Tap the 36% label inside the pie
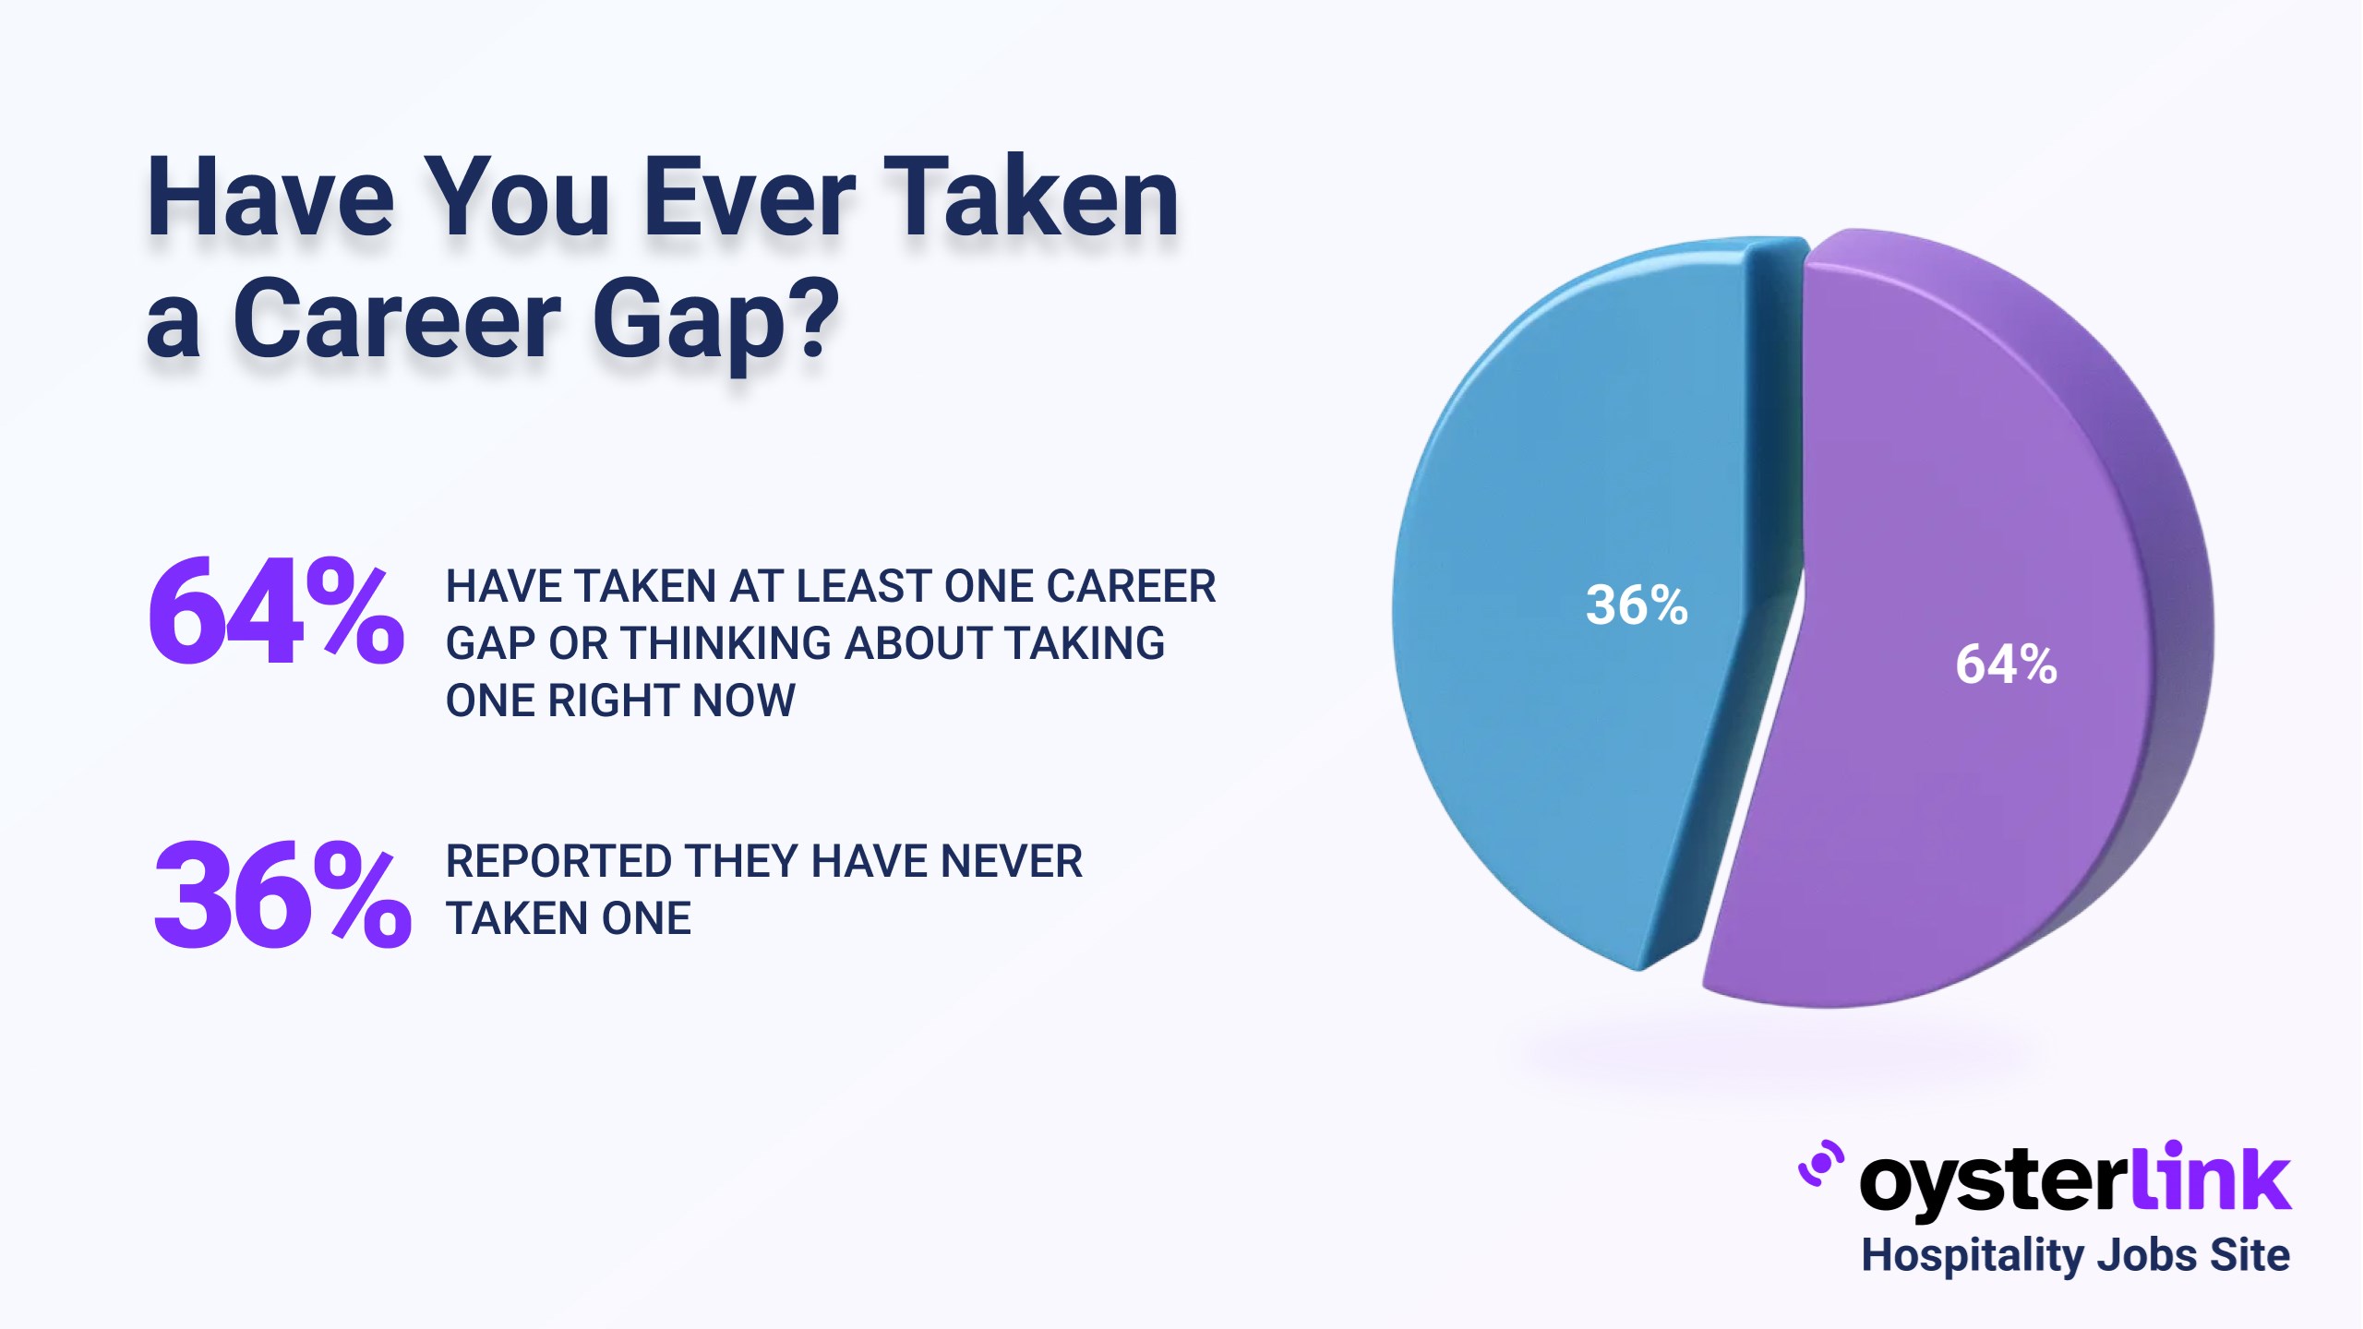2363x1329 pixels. click(x=1637, y=605)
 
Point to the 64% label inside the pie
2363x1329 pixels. click(x=2007, y=664)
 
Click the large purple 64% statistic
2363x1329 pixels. click(x=276, y=611)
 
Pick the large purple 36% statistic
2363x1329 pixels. click(x=282, y=894)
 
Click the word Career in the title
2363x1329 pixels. click(x=397, y=319)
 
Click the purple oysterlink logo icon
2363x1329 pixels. click(x=1821, y=1164)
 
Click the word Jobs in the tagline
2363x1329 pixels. click(x=2141, y=1256)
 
